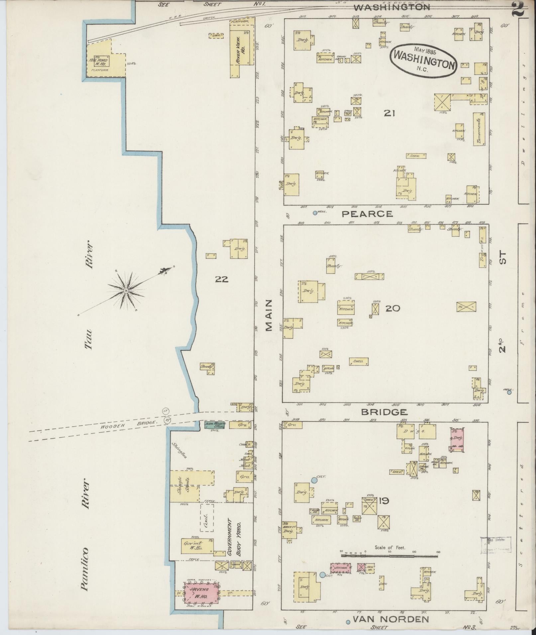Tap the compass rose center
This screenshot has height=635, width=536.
[126, 290]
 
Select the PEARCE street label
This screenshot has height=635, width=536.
[367, 214]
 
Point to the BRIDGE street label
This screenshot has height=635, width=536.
[384, 412]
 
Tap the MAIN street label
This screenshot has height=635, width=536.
[269, 315]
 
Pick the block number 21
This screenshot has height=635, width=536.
[389, 113]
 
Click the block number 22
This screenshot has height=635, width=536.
[221, 279]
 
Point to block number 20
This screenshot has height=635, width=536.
[393, 308]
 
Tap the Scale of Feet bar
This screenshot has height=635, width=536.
[389, 554]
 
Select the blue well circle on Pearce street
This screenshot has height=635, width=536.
[315, 213]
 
